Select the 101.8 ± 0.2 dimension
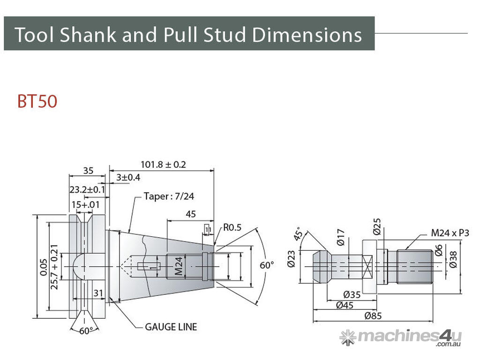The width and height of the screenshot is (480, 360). pyautogui.click(x=163, y=165)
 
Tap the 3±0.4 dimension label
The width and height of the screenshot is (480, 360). pyautogui.click(x=128, y=177)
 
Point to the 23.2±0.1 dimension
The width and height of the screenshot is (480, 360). pyautogui.click(x=87, y=189)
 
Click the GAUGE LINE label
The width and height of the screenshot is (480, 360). pyautogui.click(x=171, y=327)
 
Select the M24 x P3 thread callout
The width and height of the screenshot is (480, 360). pyautogui.click(x=450, y=233)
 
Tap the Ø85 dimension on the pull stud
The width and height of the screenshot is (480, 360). pyautogui.click(x=373, y=315)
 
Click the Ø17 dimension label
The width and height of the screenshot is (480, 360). pyautogui.click(x=341, y=238)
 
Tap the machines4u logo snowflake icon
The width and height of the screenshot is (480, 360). pyautogui.click(x=348, y=337)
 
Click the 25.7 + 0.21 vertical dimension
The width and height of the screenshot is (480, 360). pyautogui.click(x=54, y=267)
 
